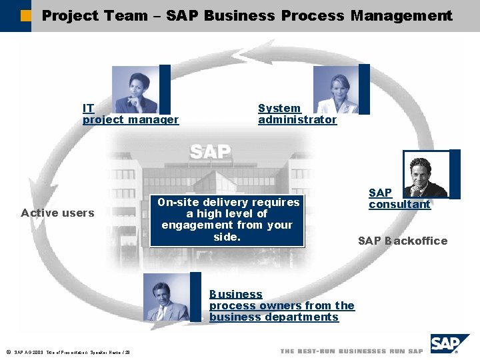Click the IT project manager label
pos(130,114)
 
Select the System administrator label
pos(297,114)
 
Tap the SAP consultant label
pos(399,199)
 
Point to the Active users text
pos(57,213)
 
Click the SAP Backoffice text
pos(403,241)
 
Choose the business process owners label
pos(281,305)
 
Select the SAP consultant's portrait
pos(427,175)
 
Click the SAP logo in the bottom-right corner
pos(449,344)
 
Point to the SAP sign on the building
pos(209,151)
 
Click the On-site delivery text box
pos(227,219)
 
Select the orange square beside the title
pos(25,15)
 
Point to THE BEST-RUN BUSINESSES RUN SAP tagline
pos(351,351)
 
